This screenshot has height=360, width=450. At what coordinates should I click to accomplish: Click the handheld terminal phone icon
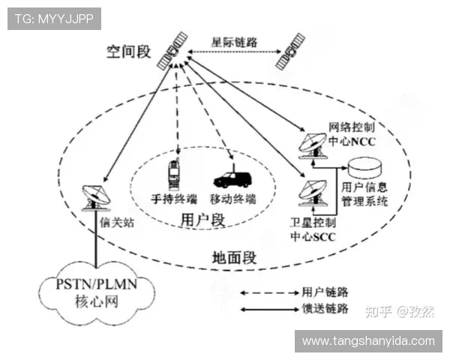coord(172,178)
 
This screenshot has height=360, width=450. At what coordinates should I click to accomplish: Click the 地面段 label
coord(234,259)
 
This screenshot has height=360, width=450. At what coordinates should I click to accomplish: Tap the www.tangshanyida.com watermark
coord(368,340)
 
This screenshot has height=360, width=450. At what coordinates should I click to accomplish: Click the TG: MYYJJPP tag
coord(54,19)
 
